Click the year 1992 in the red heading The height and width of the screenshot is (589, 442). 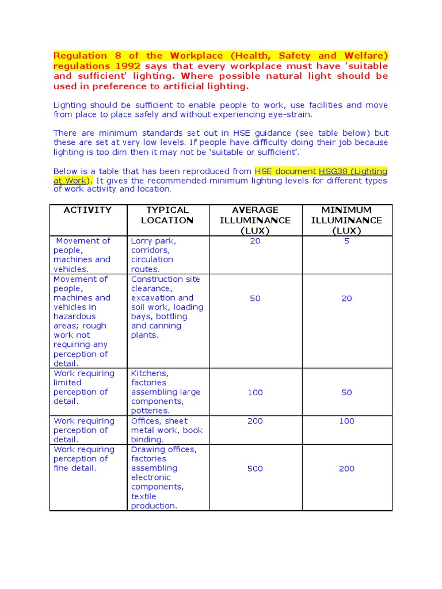(128, 66)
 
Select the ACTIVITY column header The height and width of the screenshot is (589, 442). (87, 210)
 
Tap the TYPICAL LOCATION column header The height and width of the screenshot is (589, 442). (167, 215)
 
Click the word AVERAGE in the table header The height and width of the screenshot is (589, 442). (255, 210)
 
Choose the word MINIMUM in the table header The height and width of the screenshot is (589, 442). (346, 210)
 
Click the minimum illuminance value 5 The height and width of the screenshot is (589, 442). (346, 241)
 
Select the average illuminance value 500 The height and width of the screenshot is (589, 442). (255, 469)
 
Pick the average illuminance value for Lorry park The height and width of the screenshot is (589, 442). (255, 241)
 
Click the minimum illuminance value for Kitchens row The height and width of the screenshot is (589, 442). (346, 392)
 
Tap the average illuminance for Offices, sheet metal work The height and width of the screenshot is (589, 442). (255, 421)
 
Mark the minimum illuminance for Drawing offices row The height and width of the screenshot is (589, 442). (346, 469)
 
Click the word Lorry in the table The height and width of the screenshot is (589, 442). (142, 241)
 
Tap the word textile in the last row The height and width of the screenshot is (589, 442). (143, 496)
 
